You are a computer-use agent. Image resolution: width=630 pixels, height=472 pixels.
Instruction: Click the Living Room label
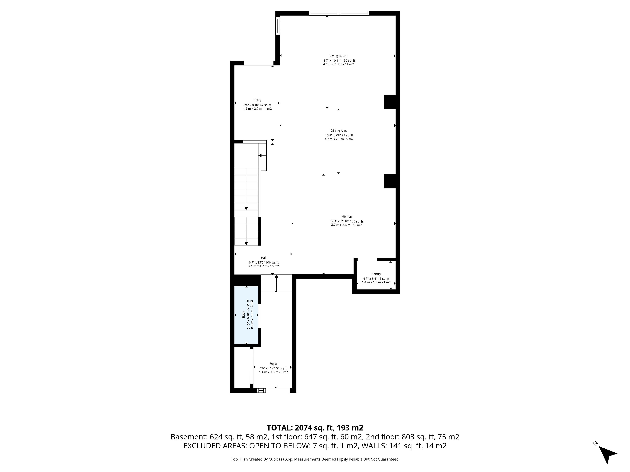click(x=338, y=56)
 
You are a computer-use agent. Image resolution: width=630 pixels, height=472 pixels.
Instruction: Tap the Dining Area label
click(x=339, y=131)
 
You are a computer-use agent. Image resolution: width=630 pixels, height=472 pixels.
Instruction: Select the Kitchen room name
click(x=347, y=216)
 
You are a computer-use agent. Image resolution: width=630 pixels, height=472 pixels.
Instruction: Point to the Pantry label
click(x=376, y=274)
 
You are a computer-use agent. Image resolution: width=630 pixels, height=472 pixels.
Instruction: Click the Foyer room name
click(x=273, y=364)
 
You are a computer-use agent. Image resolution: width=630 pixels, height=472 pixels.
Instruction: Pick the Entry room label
click(x=257, y=100)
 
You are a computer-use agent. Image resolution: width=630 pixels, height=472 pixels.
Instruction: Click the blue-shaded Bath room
click(x=246, y=315)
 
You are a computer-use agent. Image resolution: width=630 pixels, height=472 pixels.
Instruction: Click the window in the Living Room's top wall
click(x=339, y=13)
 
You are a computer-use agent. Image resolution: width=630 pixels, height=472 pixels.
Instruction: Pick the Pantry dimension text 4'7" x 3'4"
click(x=370, y=279)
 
